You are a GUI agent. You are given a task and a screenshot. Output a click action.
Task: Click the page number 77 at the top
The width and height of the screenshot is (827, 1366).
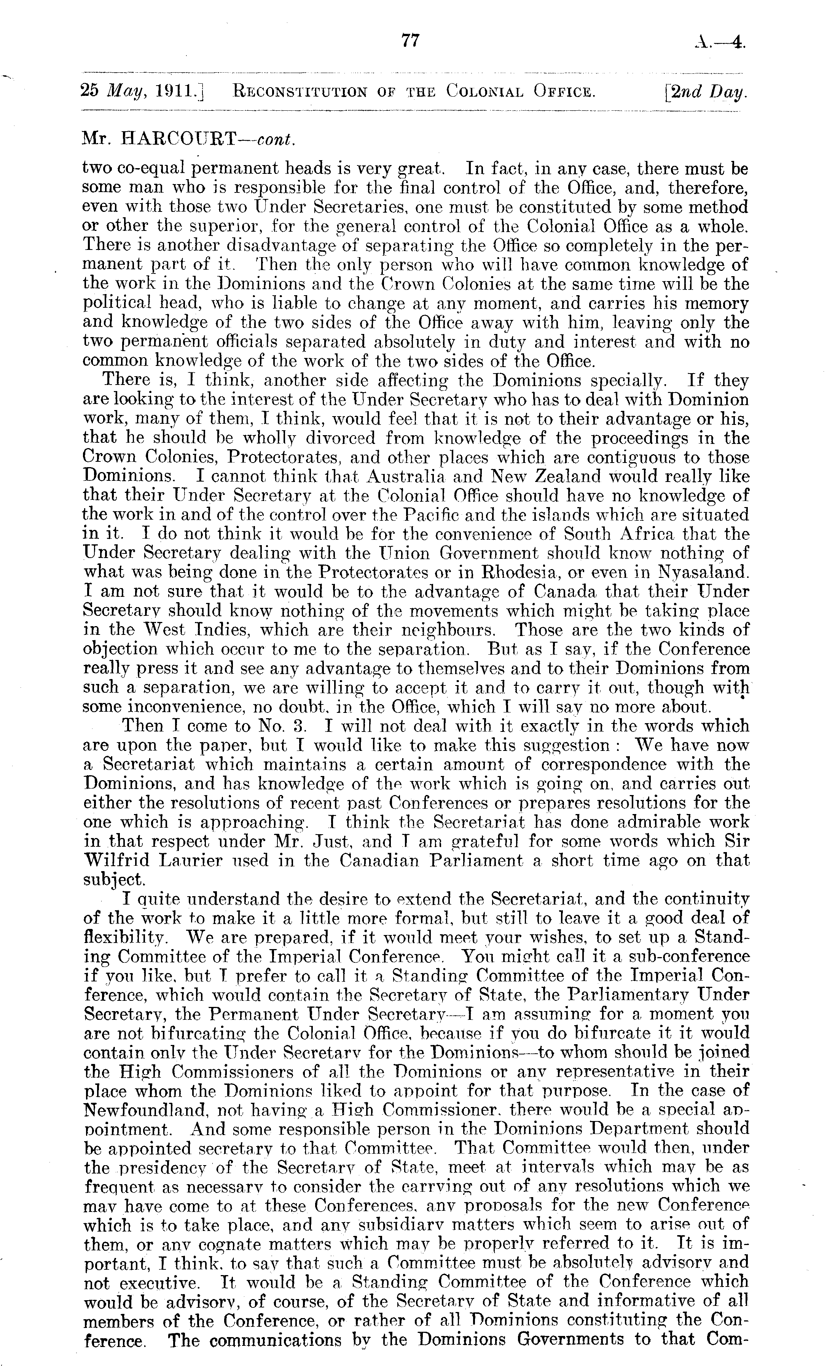click(x=410, y=41)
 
